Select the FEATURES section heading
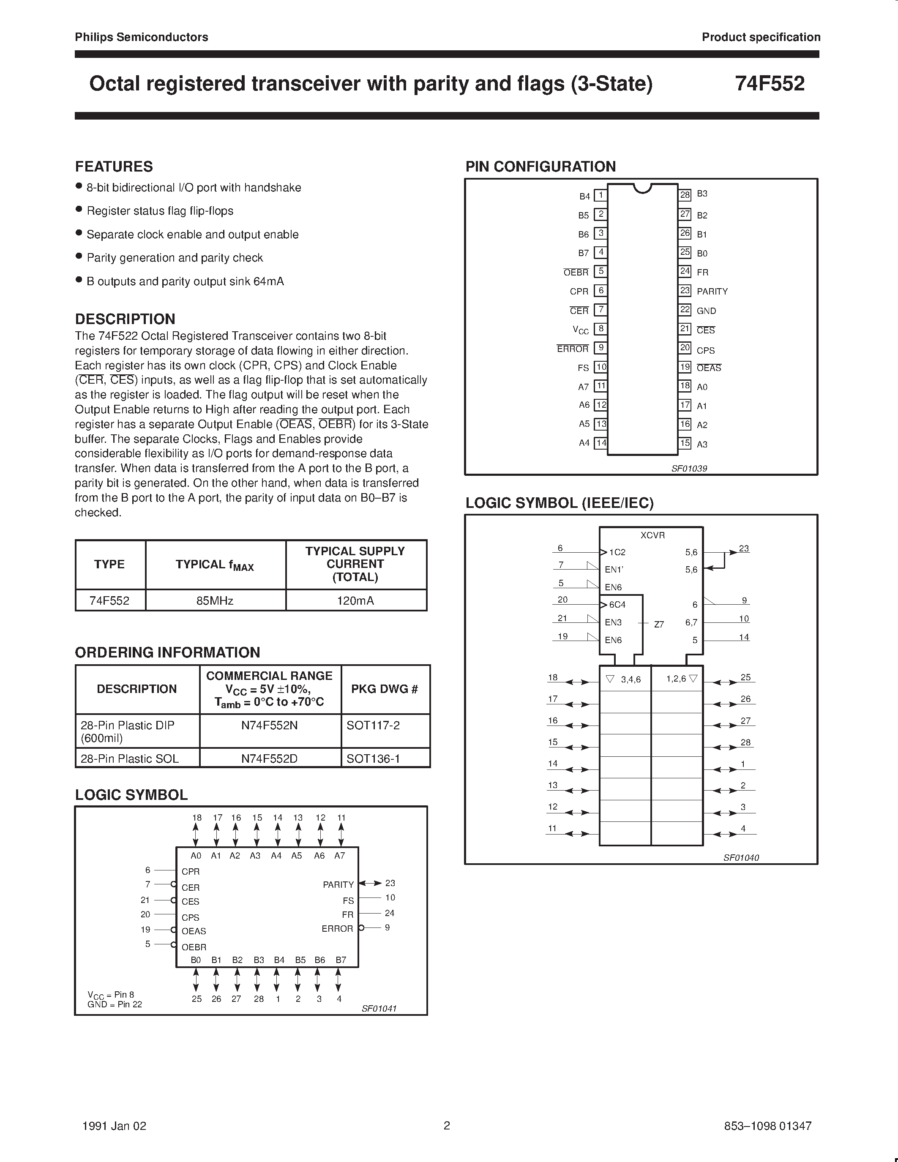point(114,166)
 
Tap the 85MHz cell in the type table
point(215,601)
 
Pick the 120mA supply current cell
point(355,601)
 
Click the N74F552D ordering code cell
point(269,758)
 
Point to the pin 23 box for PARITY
point(685,291)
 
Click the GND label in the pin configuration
point(706,311)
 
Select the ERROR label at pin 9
point(573,349)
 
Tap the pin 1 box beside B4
point(600,195)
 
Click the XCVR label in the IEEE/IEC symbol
point(652,535)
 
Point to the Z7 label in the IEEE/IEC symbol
point(659,625)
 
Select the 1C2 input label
point(617,552)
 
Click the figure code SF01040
point(740,858)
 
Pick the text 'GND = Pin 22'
point(115,1004)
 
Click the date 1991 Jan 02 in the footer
point(115,1126)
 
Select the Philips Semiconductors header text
point(142,37)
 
